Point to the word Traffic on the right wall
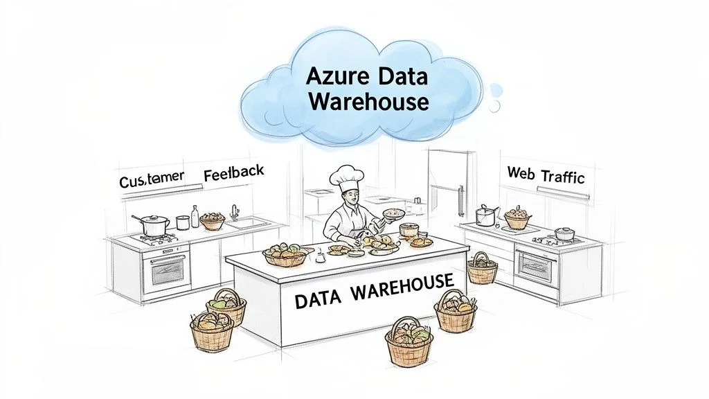click(562, 176)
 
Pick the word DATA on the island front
click(321, 300)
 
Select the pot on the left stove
click(154, 224)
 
